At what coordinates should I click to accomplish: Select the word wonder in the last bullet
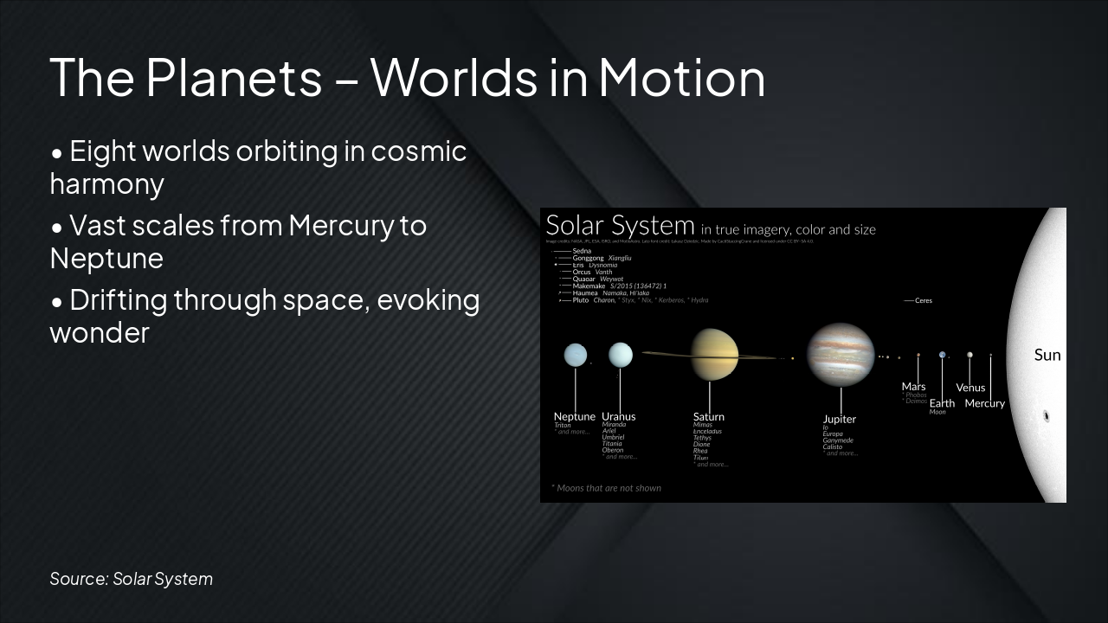click(x=100, y=333)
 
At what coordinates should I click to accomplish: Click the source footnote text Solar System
click(x=163, y=579)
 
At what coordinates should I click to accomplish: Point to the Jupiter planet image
click(x=841, y=354)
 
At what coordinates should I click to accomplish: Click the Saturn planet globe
click(x=714, y=355)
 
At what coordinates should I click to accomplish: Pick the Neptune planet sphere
click(x=576, y=355)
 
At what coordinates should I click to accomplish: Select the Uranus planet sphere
click(x=621, y=355)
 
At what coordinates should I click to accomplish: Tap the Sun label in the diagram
click(x=1047, y=355)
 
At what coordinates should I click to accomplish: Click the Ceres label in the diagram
click(x=923, y=300)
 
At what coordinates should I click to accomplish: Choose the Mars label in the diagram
click(x=913, y=387)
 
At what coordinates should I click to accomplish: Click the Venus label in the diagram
click(x=970, y=388)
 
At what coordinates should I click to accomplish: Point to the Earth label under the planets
click(x=942, y=403)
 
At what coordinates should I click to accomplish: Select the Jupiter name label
click(x=839, y=420)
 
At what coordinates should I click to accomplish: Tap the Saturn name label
click(x=709, y=417)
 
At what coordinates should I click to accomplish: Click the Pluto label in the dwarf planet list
click(x=581, y=300)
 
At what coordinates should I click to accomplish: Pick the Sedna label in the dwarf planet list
click(x=582, y=251)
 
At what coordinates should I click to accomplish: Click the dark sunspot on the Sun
click(x=1047, y=416)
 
